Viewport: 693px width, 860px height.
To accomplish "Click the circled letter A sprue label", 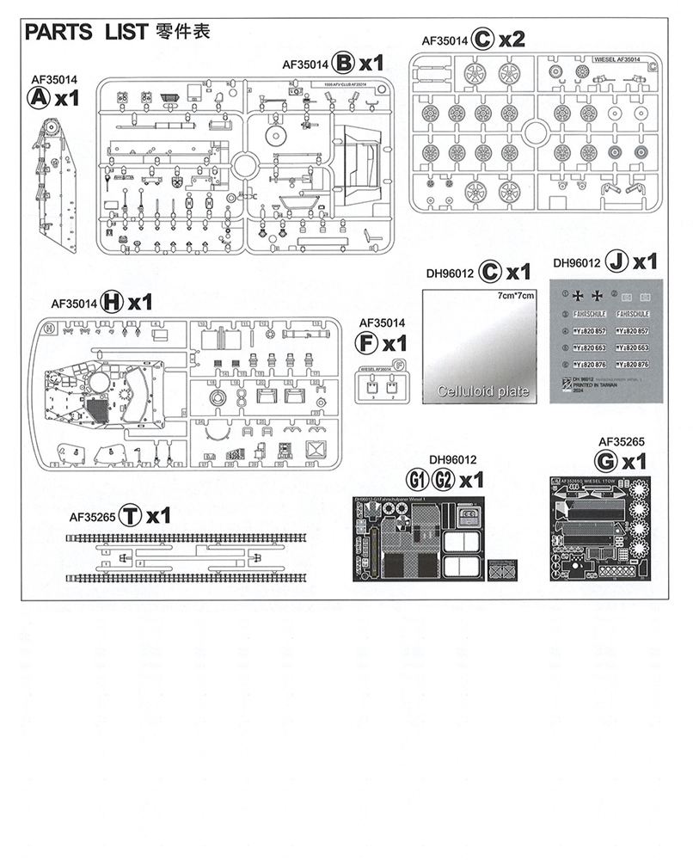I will click(38, 98).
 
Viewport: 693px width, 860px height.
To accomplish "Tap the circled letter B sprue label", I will click(344, 63).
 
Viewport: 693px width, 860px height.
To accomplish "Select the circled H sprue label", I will click(112, 302).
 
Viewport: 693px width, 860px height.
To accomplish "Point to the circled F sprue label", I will click(367, 344).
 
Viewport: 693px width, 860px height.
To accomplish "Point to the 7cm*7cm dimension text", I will click(516, 296).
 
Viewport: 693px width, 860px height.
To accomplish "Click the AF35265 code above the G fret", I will click(622, 442).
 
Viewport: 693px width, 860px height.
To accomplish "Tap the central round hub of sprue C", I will click(533, 132).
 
